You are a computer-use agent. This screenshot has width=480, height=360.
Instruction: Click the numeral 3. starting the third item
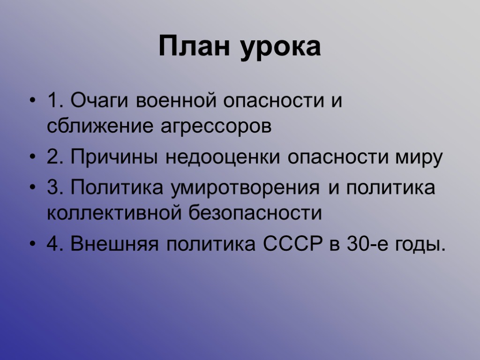point(55,188)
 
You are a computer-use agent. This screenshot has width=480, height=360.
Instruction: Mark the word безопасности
point(255,214)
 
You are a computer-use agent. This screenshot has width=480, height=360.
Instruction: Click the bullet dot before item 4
point(32,244)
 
